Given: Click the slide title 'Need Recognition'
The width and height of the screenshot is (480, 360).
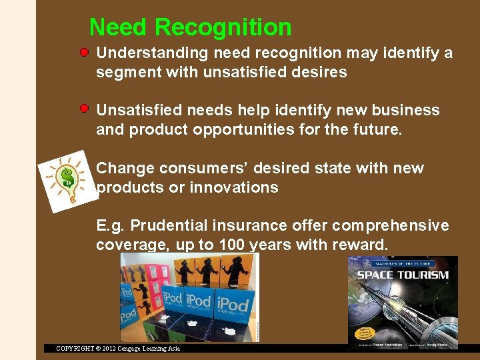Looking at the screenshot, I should pos(190,27).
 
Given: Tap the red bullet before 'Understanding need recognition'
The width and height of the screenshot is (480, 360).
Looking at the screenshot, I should pos(85,51).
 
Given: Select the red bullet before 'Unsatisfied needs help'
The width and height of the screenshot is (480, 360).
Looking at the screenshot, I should pos(85,108).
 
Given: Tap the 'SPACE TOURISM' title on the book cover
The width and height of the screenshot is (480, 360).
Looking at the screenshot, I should pos(402,275).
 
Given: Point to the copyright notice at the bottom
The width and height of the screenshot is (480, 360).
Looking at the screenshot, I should pos(118,348).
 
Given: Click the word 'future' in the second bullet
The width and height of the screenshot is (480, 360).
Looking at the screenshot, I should pos(379,129).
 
